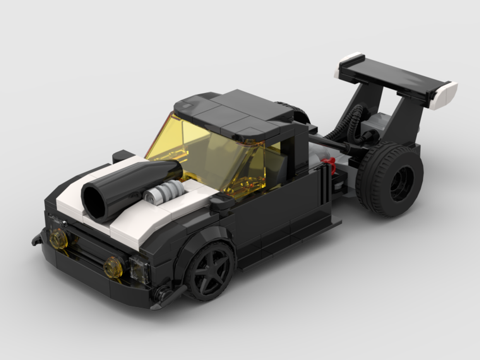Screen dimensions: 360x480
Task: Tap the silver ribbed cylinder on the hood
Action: tap(161, 192)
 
